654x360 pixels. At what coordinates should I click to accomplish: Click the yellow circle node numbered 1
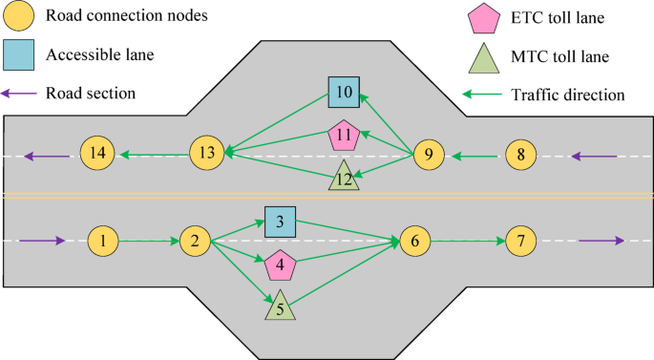point(103,242)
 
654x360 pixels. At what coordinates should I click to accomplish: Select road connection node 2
point(196,242)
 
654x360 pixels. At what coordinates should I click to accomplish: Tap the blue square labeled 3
point(280,222)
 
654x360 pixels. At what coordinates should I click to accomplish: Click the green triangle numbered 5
point(280,307)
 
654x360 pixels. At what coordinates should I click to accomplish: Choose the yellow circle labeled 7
point(521,242)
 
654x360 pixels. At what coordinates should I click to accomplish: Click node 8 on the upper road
point(520,153)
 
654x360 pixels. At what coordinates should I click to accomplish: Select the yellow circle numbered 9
point(429,153)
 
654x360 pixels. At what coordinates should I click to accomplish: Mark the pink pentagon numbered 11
point(344,137)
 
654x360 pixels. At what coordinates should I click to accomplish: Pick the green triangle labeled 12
point(344,177)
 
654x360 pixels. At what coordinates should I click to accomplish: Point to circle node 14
point(96,153)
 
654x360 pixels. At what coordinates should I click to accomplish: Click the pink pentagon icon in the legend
point(484,19)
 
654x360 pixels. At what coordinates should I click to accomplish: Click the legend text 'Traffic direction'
point(567,95)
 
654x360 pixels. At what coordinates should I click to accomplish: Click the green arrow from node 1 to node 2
point(150,242)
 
